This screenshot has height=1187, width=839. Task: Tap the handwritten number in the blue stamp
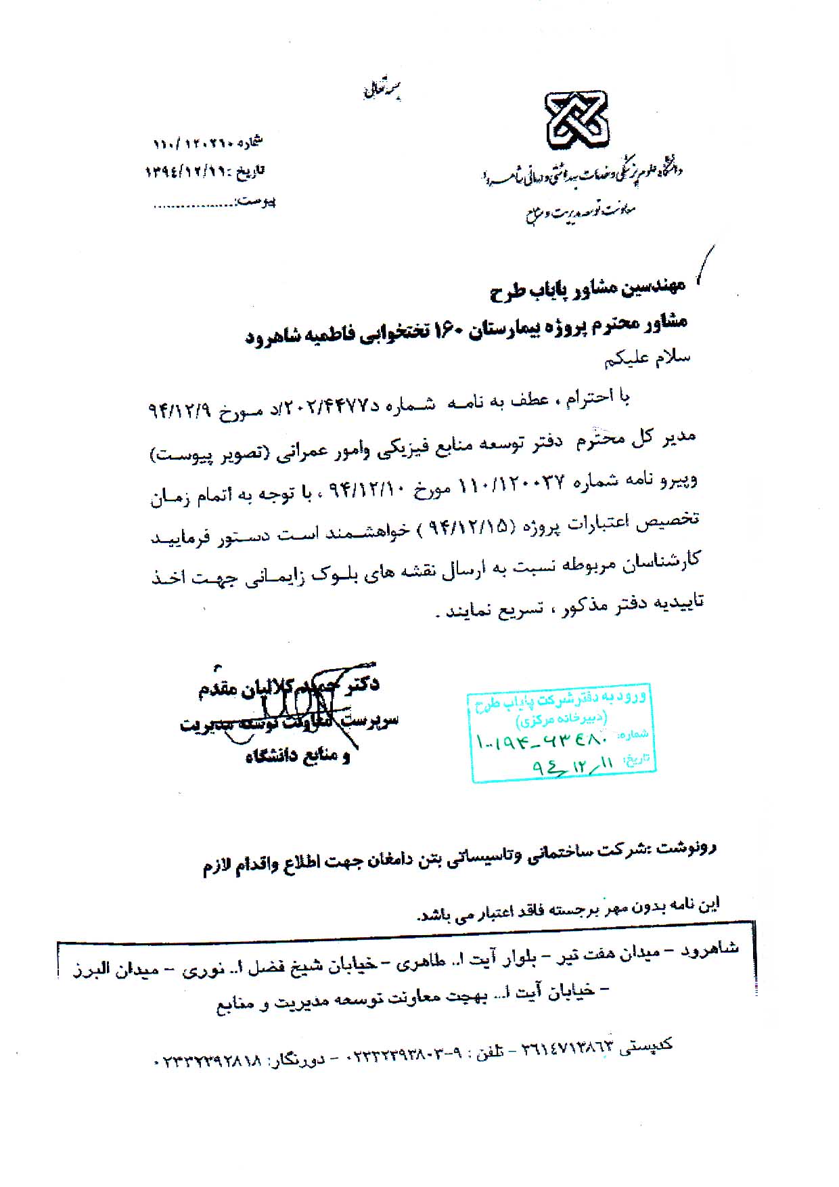click(x=541, y=740)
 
